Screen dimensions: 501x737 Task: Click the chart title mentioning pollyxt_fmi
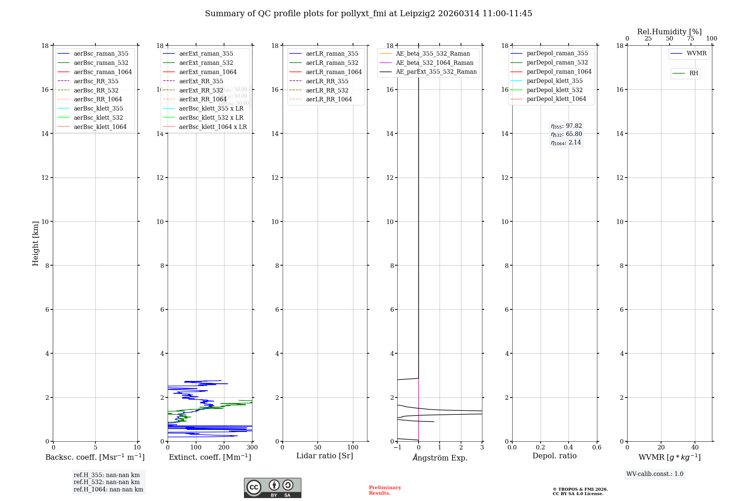click(x=368, y=14)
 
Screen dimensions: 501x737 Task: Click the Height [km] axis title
click(x=35, y=243)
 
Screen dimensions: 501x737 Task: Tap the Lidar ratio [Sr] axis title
click(x=325, y=456)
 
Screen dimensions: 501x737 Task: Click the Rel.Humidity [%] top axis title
click(x=669, y=32)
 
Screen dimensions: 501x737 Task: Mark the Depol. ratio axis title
click(x=554, y=456)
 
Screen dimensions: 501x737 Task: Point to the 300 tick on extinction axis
click(x=252, y=448)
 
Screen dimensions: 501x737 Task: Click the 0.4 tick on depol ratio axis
click(x=569, y=448)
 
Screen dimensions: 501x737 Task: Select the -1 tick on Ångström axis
click(x=397, y=448)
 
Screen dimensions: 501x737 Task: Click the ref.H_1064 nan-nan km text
click(x=108, y=489)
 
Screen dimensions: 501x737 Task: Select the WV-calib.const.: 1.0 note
click(x=655, y=474)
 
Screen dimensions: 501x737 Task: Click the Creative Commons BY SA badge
click(x=272, y=488)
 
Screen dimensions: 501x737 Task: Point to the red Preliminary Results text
click(x=385, y=490)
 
